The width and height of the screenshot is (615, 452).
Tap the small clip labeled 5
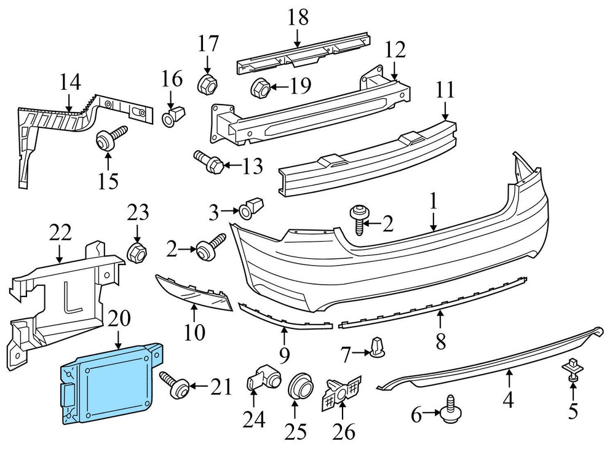coord(572,370)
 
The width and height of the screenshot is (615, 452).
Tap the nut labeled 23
coord(136,252)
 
